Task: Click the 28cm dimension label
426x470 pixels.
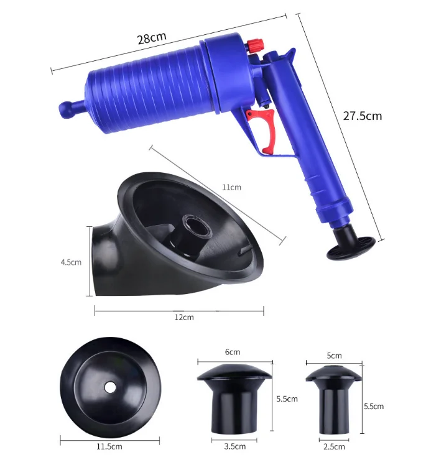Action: (152, 38)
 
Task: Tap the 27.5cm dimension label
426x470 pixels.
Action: (363, 116)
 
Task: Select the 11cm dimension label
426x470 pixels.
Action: (231, 187)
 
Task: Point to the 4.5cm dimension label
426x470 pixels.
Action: (71, 262)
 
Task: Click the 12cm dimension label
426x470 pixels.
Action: (184, 317)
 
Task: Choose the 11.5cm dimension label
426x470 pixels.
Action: (109, 446)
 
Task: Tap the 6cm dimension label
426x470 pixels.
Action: (233, 352)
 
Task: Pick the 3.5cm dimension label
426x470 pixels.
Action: (235, 446)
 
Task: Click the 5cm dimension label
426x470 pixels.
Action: (334, 356)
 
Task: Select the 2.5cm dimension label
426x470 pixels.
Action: (334, 447)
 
